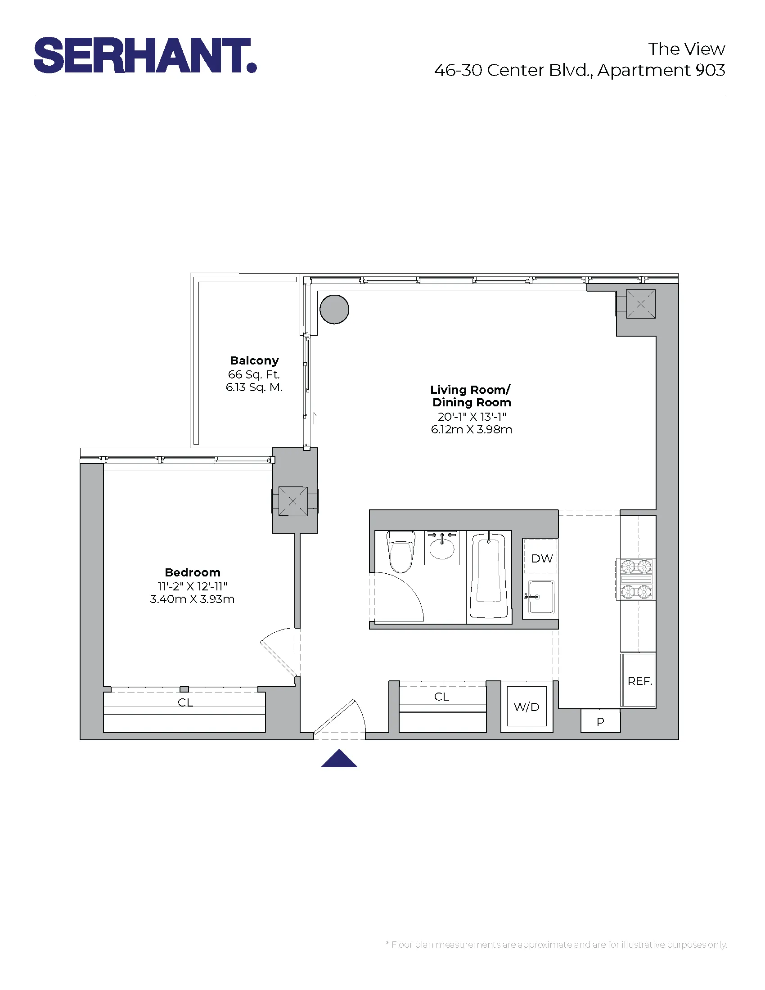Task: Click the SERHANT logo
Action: point(145,55)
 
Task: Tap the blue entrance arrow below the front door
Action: point(339,758)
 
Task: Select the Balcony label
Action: point(254,360)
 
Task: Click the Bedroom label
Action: point(193,572)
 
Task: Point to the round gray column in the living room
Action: point(334,309)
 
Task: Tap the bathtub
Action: point(489,576)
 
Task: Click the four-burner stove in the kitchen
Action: point(636,579)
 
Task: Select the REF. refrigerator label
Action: point(639,681)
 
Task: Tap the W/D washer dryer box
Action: point(526,706)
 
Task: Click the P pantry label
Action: point(600,722)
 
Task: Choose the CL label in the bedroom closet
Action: point(185,702)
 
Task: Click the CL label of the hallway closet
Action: point(441,697)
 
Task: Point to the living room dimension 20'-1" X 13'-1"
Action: point(471,417)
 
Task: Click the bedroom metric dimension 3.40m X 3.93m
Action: point(192,599)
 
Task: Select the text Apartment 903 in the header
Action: point(661,70)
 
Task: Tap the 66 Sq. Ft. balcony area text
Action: point(254,374)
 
